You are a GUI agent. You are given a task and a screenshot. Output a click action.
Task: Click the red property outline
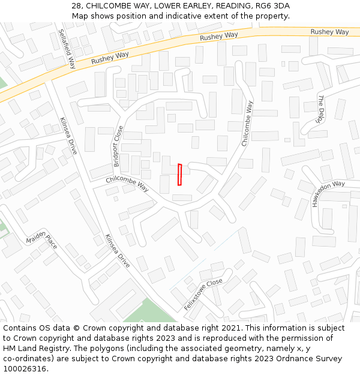pyautogui.click(x=179, y=175)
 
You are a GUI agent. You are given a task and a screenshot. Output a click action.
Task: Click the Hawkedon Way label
pyautogui.click(x=328, y=193)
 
